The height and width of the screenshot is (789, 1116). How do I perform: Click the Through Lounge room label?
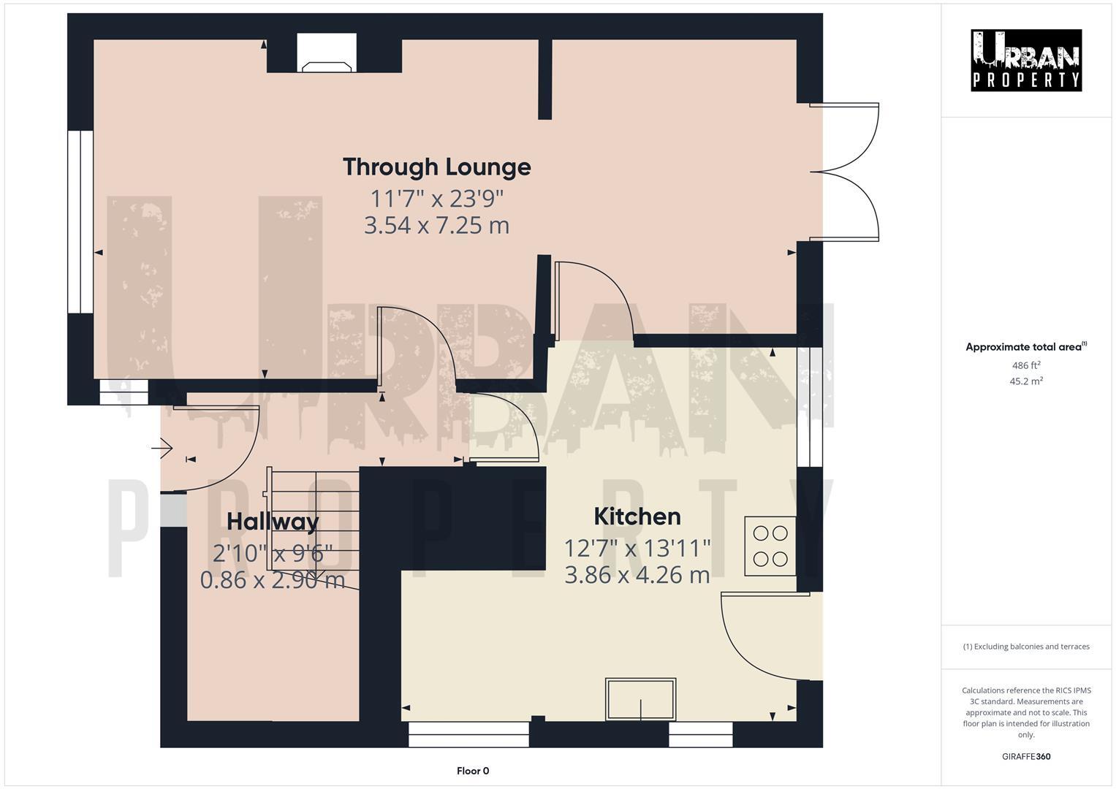(436, 167)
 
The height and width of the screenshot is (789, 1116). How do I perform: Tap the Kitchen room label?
(637, 517)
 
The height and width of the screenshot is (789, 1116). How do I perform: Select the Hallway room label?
(273, 522)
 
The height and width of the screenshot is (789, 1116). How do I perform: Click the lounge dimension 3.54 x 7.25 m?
(436, 225)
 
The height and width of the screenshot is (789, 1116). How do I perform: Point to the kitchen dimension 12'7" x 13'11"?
(637, 547)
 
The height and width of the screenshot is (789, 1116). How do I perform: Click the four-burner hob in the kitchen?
(770, 546)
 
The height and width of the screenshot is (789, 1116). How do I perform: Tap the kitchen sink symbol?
(641, 699)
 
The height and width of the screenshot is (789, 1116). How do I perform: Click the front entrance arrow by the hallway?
(162, 448)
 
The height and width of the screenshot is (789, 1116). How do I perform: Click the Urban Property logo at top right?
(1026, 61)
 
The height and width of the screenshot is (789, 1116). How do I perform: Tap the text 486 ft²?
(1026, 365)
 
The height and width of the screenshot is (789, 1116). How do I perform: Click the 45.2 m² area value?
(1026, 381)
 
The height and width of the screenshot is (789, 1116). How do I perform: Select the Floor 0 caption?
(473, 771)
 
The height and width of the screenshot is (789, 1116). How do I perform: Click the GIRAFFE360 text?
(1026, 757)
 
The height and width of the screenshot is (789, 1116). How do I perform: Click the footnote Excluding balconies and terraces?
(1026, 647)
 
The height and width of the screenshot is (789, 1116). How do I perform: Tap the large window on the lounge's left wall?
(80, 222)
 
